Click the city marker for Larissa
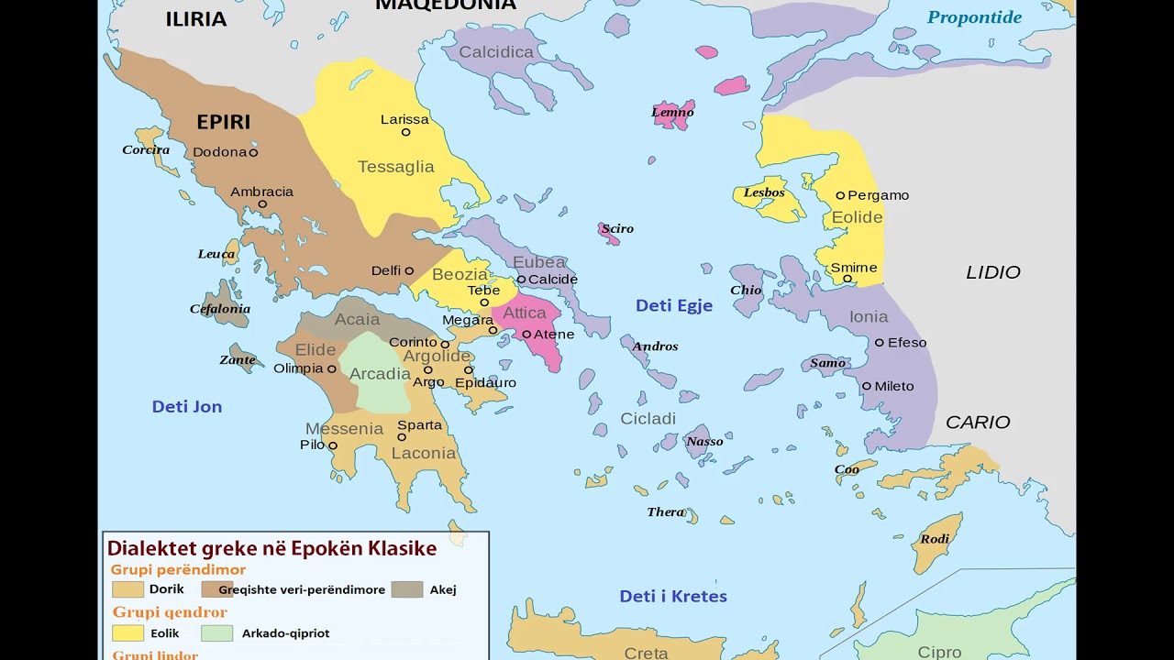point(405,132)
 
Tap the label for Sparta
point(419,425)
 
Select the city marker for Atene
point(526,335)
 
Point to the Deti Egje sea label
point(673,306)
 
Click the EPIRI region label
point(223,122)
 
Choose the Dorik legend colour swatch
point(127,589)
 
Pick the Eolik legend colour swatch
point(127,633)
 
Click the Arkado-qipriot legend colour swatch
point(217,633)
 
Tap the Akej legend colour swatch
point(406,589)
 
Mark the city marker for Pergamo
point(840,195)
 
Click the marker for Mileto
point(867,386)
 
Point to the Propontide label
point(974,17)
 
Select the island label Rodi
point(935,539)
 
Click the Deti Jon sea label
point(187,407)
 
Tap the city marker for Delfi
point(409,271)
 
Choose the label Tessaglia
point(395,167)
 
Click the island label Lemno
point(672,113)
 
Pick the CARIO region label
point(978,423)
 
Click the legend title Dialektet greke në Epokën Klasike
point(271,548)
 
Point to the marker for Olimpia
point(332,369)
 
